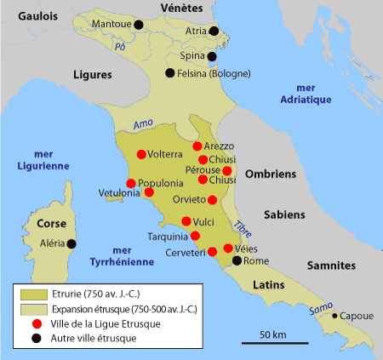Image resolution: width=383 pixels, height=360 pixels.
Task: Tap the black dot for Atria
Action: [214, 31]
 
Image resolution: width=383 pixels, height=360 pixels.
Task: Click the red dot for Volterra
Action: [141, 155]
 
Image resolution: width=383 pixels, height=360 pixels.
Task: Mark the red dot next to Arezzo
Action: [197, 146]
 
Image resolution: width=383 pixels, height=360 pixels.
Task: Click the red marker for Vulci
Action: [186, 221]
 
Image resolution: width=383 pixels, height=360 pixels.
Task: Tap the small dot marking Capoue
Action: [334, 315]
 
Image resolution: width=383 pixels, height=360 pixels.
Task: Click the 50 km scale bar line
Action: [272, 343]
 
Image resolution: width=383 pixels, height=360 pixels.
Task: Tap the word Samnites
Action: [330, 266]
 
